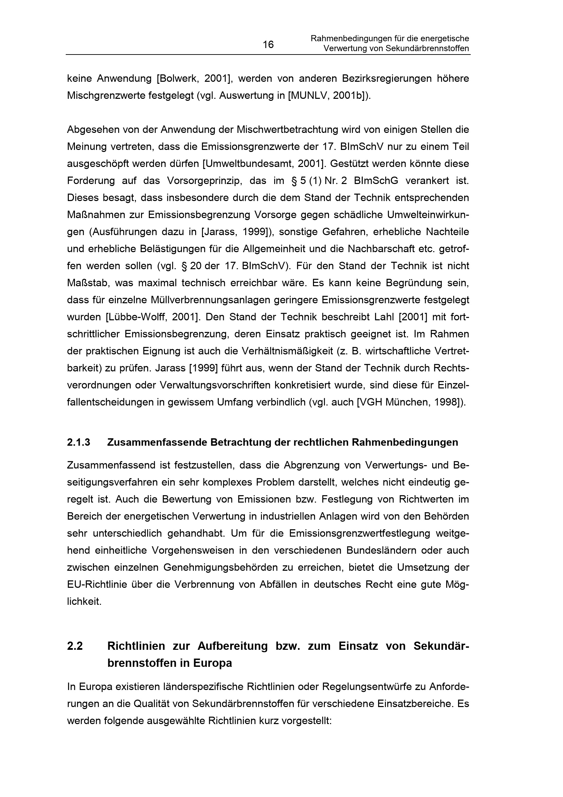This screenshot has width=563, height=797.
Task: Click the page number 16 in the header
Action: (x=268, y=45)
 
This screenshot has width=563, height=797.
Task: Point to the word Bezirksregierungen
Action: (x=387, y=79)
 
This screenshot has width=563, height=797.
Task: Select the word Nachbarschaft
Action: (x=390, y=249)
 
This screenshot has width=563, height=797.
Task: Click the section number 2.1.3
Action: (x=78, y=443)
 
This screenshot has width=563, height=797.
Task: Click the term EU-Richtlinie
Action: (x=96, y=584)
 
